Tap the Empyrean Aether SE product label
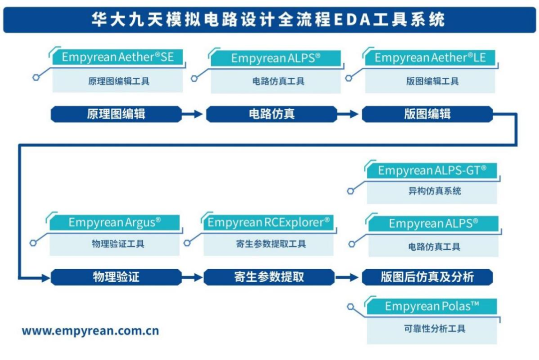(118, 57)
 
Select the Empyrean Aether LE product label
(430, 58)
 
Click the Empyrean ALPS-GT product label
(432, 171)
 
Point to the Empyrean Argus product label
(115, 222)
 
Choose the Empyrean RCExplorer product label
(269, 222)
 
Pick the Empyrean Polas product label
(432, 306)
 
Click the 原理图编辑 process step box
(116, 114)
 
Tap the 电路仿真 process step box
(271, 114)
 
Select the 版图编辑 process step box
(427, 114)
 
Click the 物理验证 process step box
(116, 277)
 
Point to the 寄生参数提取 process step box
(269, 277)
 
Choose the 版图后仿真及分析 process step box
(427, 277)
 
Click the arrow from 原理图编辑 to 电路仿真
(192, 114)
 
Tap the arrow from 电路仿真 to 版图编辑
(348, 114)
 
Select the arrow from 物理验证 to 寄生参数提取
(192, 277)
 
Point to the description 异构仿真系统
(432, 191)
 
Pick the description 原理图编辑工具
(119, 81)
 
